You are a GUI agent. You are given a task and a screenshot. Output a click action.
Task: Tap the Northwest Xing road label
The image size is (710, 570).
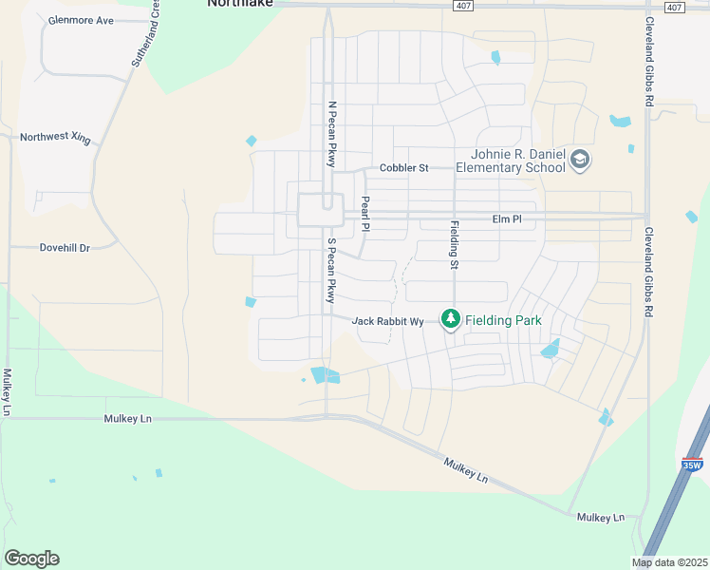pyautogui.click(x=56, y=138)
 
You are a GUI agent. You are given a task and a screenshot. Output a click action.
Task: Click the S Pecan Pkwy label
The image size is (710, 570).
pyautogui.click(x=331, y=270)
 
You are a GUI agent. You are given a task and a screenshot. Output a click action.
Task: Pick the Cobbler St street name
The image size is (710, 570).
pyautogui.click(x=404, y=168)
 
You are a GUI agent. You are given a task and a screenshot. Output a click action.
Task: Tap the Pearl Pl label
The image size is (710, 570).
pyautogui.click(x=364, y=215)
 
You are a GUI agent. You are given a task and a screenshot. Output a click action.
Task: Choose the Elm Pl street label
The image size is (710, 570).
pyautogui.click(x=507, y=219)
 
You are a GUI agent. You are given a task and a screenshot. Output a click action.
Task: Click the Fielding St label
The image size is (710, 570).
pyautogui.click(x=454, y=244)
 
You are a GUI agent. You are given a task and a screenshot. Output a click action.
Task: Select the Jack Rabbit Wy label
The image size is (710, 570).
pyautogui.click(x=387, y=321)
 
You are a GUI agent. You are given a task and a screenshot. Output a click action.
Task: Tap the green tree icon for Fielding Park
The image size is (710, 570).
pyautogui.click(x=450, y=320)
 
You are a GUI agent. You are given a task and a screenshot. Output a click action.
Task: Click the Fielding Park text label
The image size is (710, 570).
pyautogui.click(x=502, y=321)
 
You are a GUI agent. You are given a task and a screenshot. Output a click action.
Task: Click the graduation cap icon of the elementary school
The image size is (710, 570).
pyautogui.click(x=580, y=161)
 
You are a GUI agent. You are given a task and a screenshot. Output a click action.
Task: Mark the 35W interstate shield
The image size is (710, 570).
pyautogui.click(x=692, y=465)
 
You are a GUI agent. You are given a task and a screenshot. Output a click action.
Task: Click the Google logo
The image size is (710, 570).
pyautogui.click(x=31, y=559)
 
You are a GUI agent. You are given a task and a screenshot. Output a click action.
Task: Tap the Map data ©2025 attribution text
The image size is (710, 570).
pyautogui.click(x=669, y=563)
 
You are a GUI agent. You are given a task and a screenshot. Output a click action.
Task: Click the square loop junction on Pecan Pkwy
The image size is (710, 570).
pyautogui.click(x=320, y=209)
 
